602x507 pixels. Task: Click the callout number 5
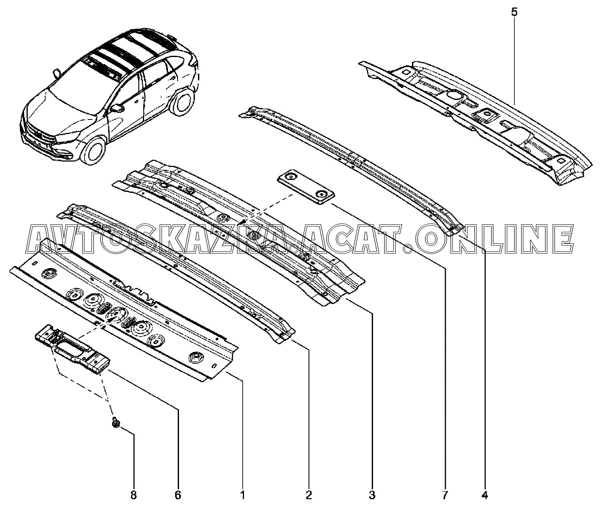point(514,12)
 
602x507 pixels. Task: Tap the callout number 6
point(178,495)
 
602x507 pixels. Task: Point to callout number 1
point(242,495)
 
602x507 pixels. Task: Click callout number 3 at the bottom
point(372,495)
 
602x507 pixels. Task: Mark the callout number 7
point(445,495)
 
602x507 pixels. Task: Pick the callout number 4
point(485,495)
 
